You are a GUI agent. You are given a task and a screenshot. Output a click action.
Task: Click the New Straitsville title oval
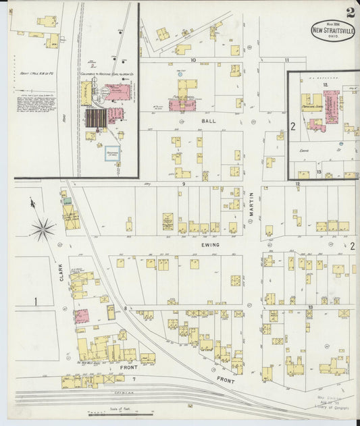(333, 30)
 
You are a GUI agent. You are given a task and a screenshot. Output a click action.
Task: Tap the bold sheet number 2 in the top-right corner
(350, 12)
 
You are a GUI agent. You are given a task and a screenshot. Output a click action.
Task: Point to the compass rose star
(43, 230)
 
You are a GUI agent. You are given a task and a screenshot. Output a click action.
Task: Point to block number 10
(193, 60)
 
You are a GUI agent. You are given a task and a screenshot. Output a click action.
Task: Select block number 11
(286, 60)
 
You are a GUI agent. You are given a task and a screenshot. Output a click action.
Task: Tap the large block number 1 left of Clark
(36, 300)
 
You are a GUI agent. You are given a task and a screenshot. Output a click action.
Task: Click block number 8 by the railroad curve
(126, 309)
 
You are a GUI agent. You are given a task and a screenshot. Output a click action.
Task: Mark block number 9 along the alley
(183, 184)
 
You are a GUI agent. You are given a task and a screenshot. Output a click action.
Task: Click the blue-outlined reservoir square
(112, 154)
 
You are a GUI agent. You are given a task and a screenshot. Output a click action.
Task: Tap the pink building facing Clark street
(82, 316)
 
